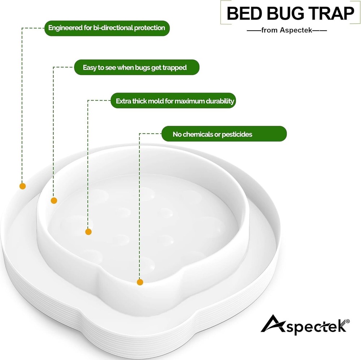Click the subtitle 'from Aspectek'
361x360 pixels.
pyautogui.click(x=287, y=30)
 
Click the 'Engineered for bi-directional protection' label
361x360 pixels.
pyautogui.click(x=107, y=28)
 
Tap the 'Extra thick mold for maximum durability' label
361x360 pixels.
pyautogui.click(x=175, y=101)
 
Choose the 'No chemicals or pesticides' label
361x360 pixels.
pyautogui.click(x=212, y=134)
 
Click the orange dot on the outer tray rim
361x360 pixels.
pyautogui.click(x=22, y=186)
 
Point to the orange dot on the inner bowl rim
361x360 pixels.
pyautogui.click(x=54, y=201)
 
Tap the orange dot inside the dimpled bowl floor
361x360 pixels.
pyautogui.click(x=88, y=232)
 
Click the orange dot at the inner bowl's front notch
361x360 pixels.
pyautogui.click(x=140, y=282)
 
